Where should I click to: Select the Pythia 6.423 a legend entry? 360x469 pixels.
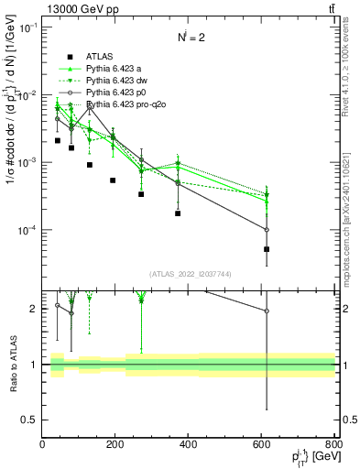[x=116, y=69]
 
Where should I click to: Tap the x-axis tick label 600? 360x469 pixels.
[x=262, y=444]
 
